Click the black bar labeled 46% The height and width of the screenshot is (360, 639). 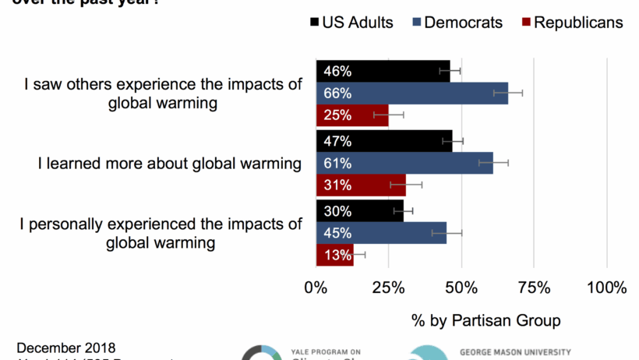pos(383,71)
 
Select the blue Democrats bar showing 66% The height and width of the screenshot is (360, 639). pos(411,94)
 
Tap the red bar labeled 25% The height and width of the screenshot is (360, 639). pos(352,115)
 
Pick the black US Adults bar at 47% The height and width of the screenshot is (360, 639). pos(384,141)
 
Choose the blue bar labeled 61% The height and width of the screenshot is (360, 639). pos(404,164)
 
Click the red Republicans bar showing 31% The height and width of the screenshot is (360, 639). pos(361,185)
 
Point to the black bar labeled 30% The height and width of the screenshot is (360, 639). pos(359,211)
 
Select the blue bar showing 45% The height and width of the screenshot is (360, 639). pos(381,233)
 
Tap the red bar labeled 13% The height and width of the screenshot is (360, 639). pos(335,255)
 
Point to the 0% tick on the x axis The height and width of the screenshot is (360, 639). pos(316,288)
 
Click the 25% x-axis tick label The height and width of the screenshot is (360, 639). pos(388,288)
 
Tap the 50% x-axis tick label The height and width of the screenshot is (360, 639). pos(461,288)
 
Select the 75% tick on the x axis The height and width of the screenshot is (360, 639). pos(534,288)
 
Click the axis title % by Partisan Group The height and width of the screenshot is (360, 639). pos(485,320)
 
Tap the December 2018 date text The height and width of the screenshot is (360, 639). pos(66,348)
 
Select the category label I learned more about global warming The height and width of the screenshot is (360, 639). pos(170,164)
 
